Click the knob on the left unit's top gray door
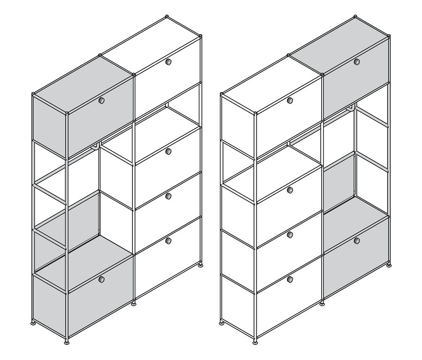101,100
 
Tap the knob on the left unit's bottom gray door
101,279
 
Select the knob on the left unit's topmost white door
168,61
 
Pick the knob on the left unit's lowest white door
168,241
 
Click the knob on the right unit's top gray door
357,61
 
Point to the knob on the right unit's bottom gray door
357,241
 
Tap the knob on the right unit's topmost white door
290,100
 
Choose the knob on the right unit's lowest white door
290,279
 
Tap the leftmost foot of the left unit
33,323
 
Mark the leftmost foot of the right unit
222,323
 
